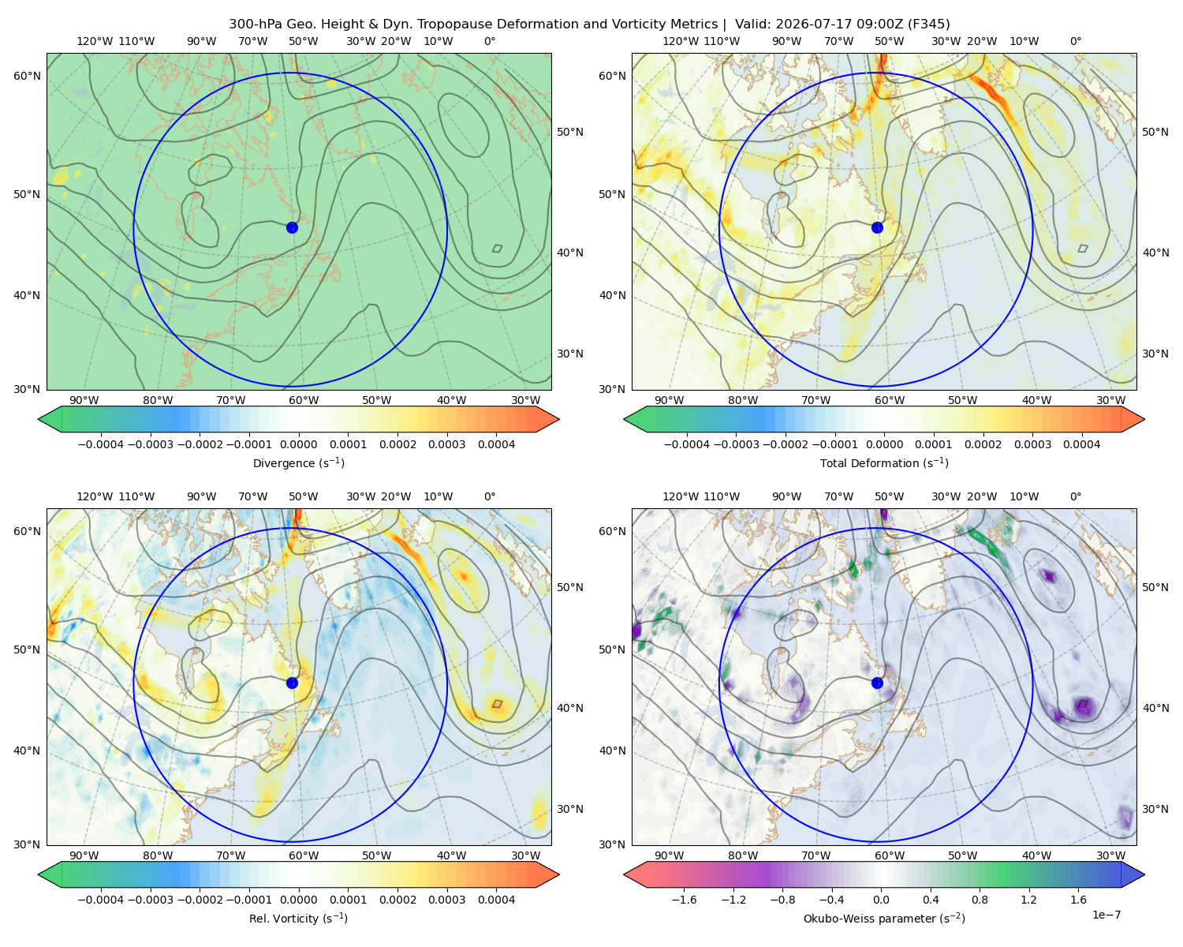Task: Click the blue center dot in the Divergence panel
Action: click(x=292, y=227)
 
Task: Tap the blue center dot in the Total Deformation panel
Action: click(x=877, y=227)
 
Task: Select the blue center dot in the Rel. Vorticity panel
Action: click(x=292, y=683)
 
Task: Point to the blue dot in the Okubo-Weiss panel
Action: click(x=877, y=683)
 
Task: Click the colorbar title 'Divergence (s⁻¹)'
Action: click(x=298, y=462)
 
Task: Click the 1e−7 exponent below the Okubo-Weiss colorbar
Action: click(x=1106, y=915)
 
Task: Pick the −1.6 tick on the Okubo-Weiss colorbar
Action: click(x=684, y=899)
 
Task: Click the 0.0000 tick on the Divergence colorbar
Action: click(x=298, y=444)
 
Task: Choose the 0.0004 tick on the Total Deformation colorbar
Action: click(x=1081, y=444)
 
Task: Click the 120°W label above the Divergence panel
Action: click(x=95, y=41)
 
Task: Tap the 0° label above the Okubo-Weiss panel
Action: click(x=1075, y=496)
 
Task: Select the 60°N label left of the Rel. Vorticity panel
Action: click(x=27, y=531)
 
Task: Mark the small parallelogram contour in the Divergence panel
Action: click(x=497, y=248)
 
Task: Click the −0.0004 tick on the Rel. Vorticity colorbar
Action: click(x=101, y=899)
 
